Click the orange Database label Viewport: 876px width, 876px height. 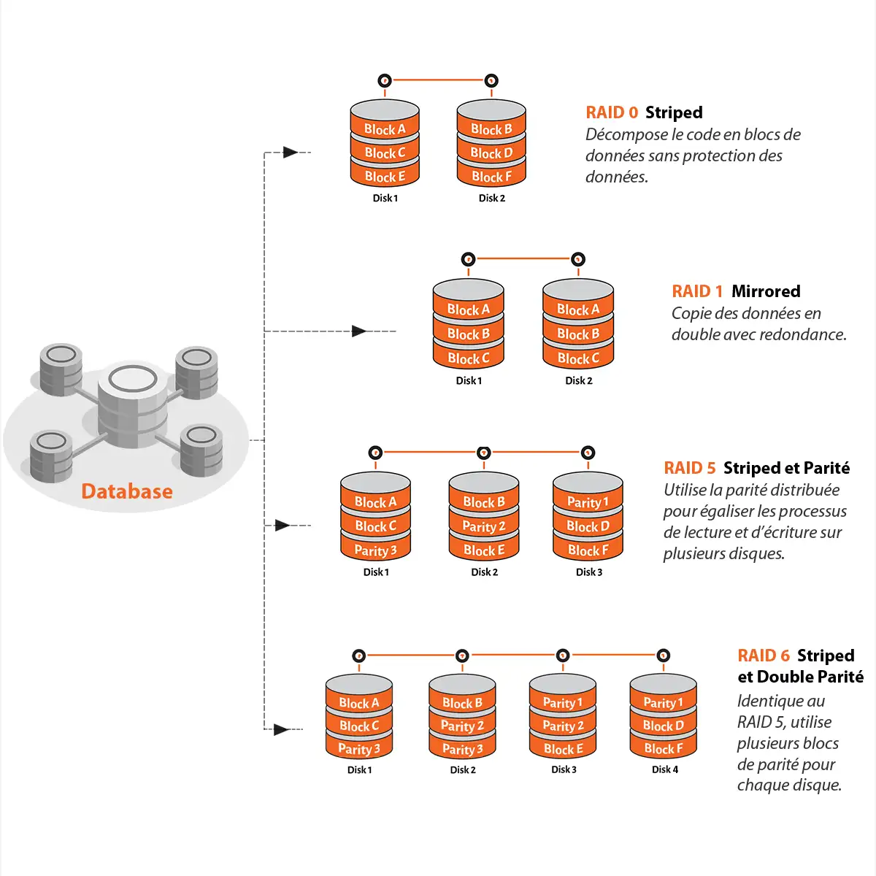click(127, 491)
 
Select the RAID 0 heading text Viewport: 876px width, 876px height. click(612, 112)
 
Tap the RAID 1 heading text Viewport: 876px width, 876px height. click(697, 291)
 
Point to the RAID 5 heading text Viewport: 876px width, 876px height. click(689, 468)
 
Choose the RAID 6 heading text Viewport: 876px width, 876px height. click(764, 656)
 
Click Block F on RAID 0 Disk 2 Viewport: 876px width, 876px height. click(491, 177)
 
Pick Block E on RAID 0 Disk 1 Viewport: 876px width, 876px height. click(385, 177)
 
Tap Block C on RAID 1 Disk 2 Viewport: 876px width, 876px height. click(578, 358)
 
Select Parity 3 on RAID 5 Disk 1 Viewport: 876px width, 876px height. click(375, 550)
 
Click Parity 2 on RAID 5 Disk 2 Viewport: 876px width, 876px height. click(483, 526)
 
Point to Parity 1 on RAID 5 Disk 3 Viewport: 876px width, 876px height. click(588, 502)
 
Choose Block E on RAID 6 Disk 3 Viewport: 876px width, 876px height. click(563, 749)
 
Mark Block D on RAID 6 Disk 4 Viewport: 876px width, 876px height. click(663, 726)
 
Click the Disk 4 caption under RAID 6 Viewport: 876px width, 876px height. click(664, 769)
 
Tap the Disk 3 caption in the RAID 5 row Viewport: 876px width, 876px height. click(589, 572)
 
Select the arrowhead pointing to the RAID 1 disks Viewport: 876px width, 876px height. click(358, 331)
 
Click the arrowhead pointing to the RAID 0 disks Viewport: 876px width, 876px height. click(290, 153)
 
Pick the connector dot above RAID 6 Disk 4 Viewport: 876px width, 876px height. click(663, 656)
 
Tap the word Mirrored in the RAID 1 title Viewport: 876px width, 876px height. click(766, 291)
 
